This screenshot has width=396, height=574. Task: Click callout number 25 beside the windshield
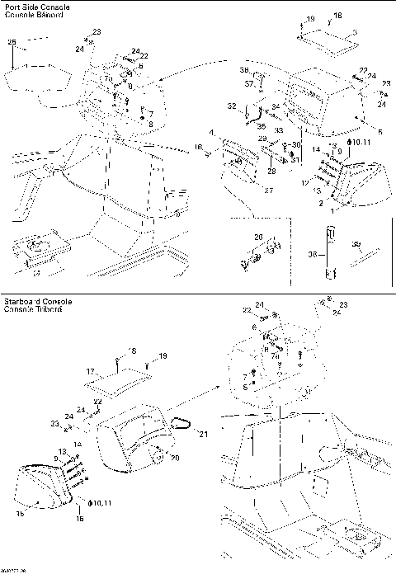pyautogui.click(x=12, y=41)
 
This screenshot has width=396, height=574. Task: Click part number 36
pyautogui.click(x=244, y=71)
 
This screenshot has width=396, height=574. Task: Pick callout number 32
pyautogui.click(x=232, y=106)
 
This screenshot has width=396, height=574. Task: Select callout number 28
pyautogui.click(x=271, y=171)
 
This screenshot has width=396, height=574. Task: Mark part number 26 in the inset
pyautogui.click(x=258, y=237)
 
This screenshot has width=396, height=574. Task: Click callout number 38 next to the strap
pyautogui.click(x=313, y=256)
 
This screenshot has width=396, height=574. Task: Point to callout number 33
pyautogui.click(x=279, y=130)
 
